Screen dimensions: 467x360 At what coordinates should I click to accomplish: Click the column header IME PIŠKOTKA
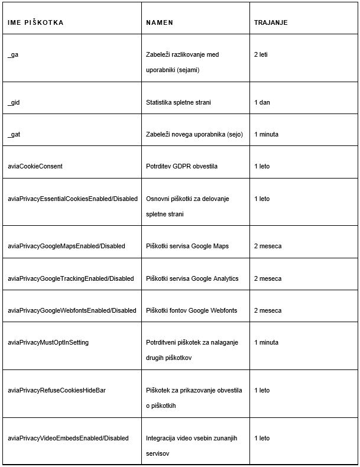35,22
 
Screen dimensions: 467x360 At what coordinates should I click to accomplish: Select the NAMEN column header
160,22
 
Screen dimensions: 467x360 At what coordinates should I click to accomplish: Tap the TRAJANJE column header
271,22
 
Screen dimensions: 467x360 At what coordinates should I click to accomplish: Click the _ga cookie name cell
13,54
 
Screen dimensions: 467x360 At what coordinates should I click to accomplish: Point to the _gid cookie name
14,102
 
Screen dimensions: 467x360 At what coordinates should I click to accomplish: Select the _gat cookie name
14,134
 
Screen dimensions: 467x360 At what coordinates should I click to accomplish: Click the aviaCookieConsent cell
35,166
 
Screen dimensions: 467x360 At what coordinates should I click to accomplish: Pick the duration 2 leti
264,54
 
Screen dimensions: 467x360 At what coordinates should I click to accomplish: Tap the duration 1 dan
262,102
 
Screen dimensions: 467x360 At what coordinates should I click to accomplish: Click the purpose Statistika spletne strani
179,102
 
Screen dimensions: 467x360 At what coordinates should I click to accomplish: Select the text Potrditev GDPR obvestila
181,166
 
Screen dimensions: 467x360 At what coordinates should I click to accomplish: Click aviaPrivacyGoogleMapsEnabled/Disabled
66,246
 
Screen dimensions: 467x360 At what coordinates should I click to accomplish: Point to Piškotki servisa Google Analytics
192,278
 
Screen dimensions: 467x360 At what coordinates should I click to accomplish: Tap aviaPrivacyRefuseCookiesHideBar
57,390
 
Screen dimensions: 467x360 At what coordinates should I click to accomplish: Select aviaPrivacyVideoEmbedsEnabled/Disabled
68,438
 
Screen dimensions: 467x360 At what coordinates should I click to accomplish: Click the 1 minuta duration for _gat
267,134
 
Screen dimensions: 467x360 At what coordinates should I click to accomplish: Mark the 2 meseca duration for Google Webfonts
268,310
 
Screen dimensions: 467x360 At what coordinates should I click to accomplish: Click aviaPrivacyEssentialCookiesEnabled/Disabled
72,199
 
